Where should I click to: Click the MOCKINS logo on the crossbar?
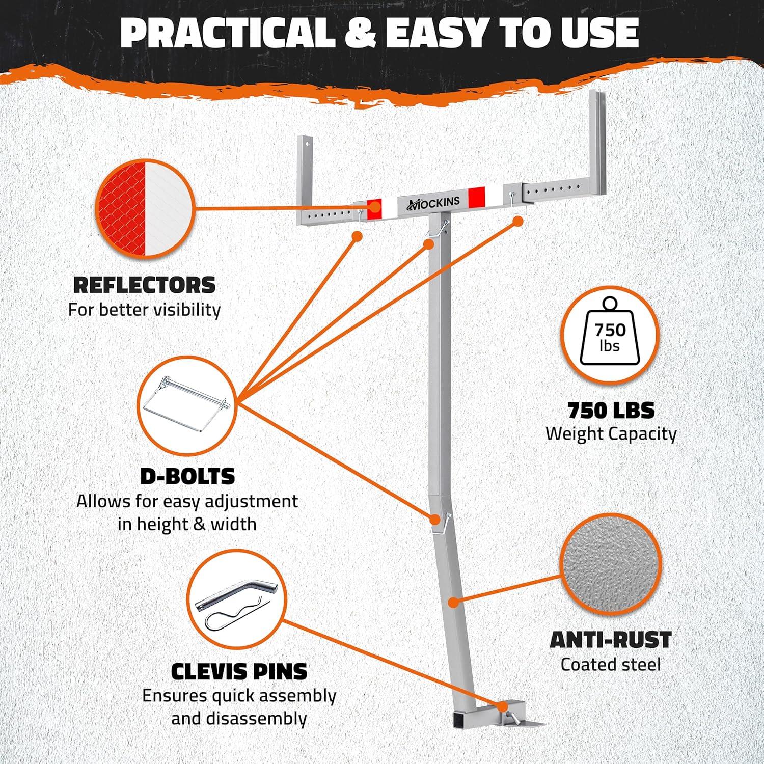tap(433, 203)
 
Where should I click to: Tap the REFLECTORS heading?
tap(144, 285)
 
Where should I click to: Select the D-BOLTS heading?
tap(187, 477)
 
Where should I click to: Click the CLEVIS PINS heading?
tap(239, 671)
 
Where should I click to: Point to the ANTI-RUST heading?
tap(611, 640)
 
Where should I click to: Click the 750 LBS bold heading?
tap(611, 410)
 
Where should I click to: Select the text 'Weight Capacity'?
tap(611, 434)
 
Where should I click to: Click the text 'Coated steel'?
tap(611, 664)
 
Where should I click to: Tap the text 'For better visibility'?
tap(144, 310)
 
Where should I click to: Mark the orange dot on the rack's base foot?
tap(503, 707)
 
